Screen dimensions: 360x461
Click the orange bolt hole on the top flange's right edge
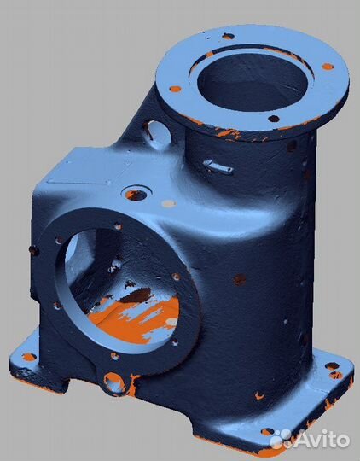[328, 67]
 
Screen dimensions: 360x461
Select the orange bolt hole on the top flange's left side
[175, 89]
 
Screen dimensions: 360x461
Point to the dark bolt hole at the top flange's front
[274, 119]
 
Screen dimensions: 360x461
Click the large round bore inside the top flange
[253, 83]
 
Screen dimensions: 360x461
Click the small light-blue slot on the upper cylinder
[218, 166]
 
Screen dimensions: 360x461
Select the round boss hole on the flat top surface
[136, 195]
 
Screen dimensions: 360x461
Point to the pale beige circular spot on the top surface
[169, 203]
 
